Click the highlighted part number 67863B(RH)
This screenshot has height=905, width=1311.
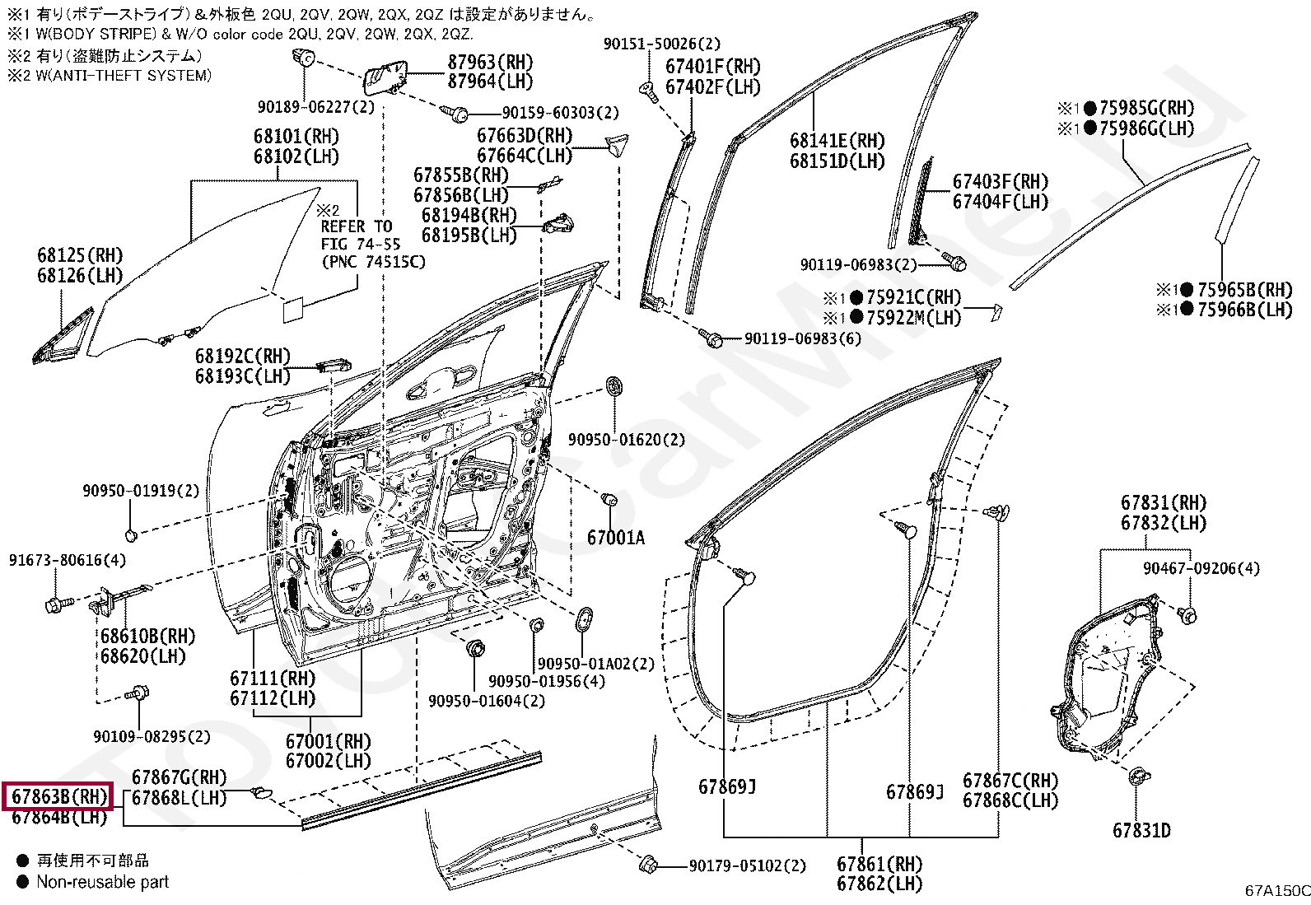pyautogui.click(x=59, y=796)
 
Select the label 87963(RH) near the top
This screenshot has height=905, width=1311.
pyautogui.click(x=491, y=62)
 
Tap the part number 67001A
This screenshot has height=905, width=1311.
pyautogui.click(x=616, y=538)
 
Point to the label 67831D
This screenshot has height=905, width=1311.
pyautogui.click(x=1141, y=830)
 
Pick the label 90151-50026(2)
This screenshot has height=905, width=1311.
pyautogui.click(x=662, y=44)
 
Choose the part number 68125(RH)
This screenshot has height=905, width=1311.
pyautogui.click(x=80, y=255)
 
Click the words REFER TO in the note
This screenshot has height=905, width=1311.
pyautogui.click(x=357, y=226)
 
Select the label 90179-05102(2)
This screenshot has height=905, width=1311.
pyautogui.click(x=748, y=865)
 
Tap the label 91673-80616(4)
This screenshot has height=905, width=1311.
pyautogui.click(x=68, y=560)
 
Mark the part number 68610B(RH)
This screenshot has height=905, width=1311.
pyautogui.click(x=148, y=636)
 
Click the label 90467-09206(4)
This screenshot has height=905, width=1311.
pyautogui.click(x=1201, y=568)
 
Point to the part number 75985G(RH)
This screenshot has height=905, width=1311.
pyautogui.click(x=1147, y=108)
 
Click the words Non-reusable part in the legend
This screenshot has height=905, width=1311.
pyautogui.click(x=102, y=882)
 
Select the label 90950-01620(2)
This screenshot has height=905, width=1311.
pyautogui.click(x=626, y=439)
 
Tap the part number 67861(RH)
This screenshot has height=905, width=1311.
pyautogui.click(x=879, y=864)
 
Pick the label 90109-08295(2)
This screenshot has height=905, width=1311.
pyautogui.click(x=152, y=736)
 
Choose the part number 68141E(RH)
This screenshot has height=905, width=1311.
pyautogui.click(x=837, y=141)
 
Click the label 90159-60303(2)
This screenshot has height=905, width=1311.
pyautogui.click(x=561, y=112)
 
